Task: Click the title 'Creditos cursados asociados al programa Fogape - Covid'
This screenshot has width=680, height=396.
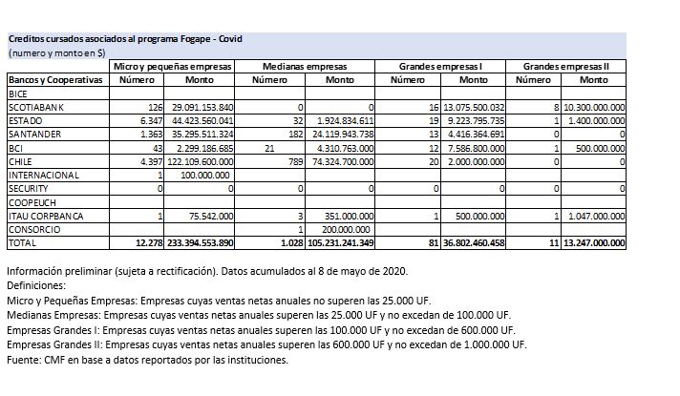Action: (125, 39)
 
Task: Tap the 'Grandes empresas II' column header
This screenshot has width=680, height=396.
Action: (573, 66)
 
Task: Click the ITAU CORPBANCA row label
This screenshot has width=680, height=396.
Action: (44, 217)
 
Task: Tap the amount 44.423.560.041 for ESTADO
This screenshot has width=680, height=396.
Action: (202, 121)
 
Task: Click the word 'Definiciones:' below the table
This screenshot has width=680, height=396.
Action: (37, 284)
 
